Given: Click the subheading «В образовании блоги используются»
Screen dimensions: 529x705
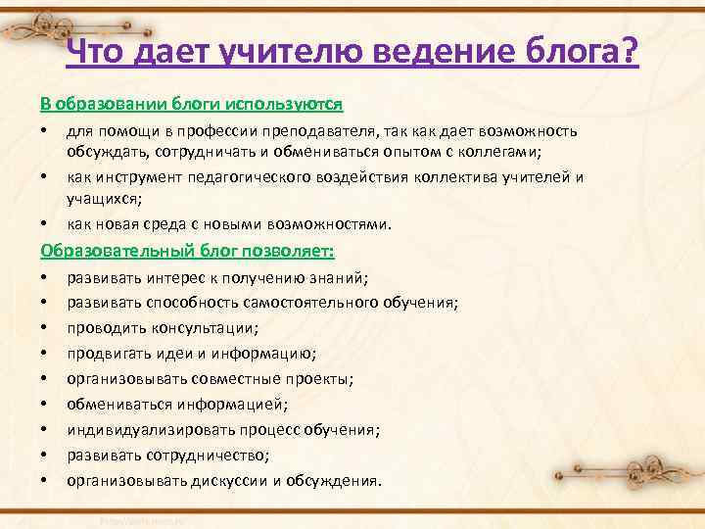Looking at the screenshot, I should pos(191,103).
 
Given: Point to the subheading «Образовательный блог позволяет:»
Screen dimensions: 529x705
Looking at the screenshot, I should pos(187,251).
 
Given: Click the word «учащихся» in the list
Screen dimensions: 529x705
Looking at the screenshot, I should pos(103,197).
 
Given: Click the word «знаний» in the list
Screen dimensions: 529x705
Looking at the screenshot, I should pos(338,277).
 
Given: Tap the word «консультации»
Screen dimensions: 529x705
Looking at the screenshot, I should pos(203,328).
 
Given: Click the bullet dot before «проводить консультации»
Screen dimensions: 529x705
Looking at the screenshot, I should pos(45,328).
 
